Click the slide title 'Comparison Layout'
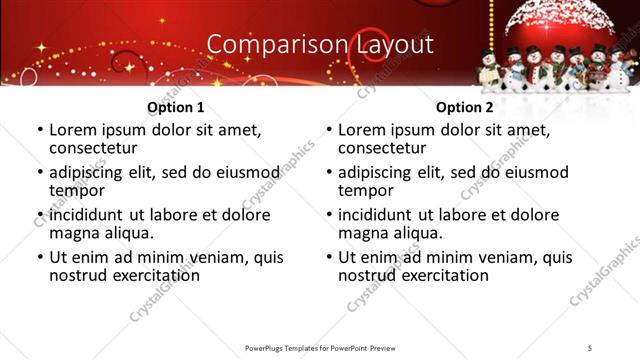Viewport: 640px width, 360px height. point(319,44)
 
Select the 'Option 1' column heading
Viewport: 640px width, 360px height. point(175,107)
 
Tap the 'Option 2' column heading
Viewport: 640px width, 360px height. point(465,107)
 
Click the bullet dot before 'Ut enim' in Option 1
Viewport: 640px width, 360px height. point(39,258)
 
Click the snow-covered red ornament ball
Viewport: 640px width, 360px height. point(544,25)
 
